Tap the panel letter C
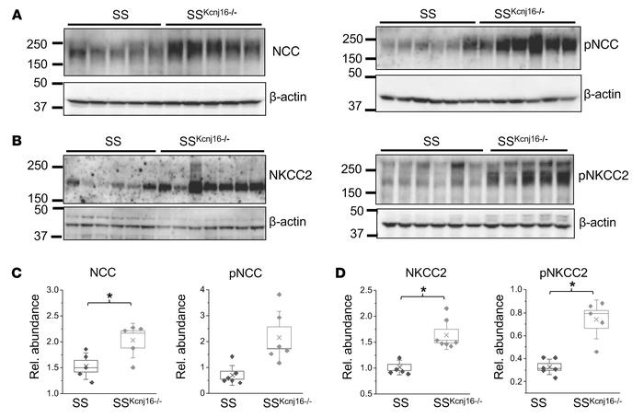click(x=7, y=273)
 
